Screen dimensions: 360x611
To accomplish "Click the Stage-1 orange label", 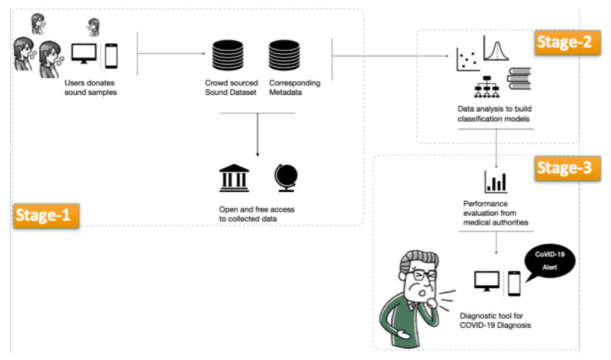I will tap(46, 215).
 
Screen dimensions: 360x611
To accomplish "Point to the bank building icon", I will tap(234, 177).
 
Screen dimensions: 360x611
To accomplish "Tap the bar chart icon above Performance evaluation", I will tap(496, 181).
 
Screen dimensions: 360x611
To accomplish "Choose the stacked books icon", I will tap(518, 77).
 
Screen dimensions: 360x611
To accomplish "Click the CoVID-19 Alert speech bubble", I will tap(549, 260).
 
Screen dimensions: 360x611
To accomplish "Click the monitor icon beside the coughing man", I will tap(486, 281).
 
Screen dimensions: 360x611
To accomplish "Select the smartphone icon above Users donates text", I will tap(111, 56).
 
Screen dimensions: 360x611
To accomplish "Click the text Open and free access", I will tap(257, 210).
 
